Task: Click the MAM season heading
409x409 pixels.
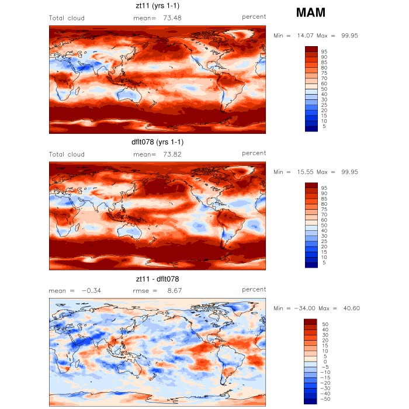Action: click(x=311, y=12)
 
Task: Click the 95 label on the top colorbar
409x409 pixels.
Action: click(x=324, y=52)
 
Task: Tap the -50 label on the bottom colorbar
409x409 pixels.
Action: click(x=325, y=399)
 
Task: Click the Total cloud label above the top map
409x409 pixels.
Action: click(x=67, y=18)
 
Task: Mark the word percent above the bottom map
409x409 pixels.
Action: click(x=254, y=289)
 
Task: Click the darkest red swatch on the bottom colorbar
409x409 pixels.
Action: click(x=310, y=321)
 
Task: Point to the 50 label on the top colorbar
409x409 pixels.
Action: click(x=324, y=89)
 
